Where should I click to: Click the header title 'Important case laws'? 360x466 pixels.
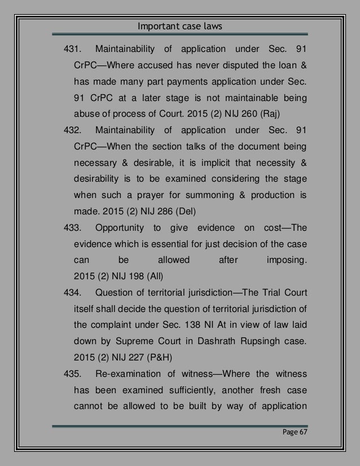coord(179,26)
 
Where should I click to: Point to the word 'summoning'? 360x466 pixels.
coord(212,196)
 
